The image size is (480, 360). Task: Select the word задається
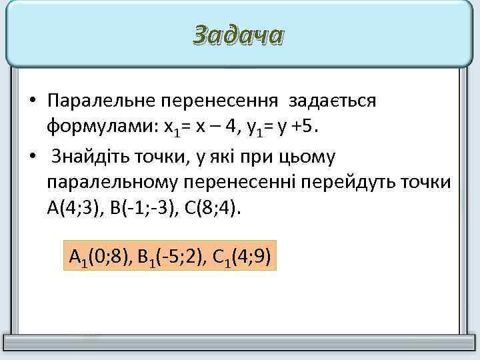(x=333, y=101)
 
